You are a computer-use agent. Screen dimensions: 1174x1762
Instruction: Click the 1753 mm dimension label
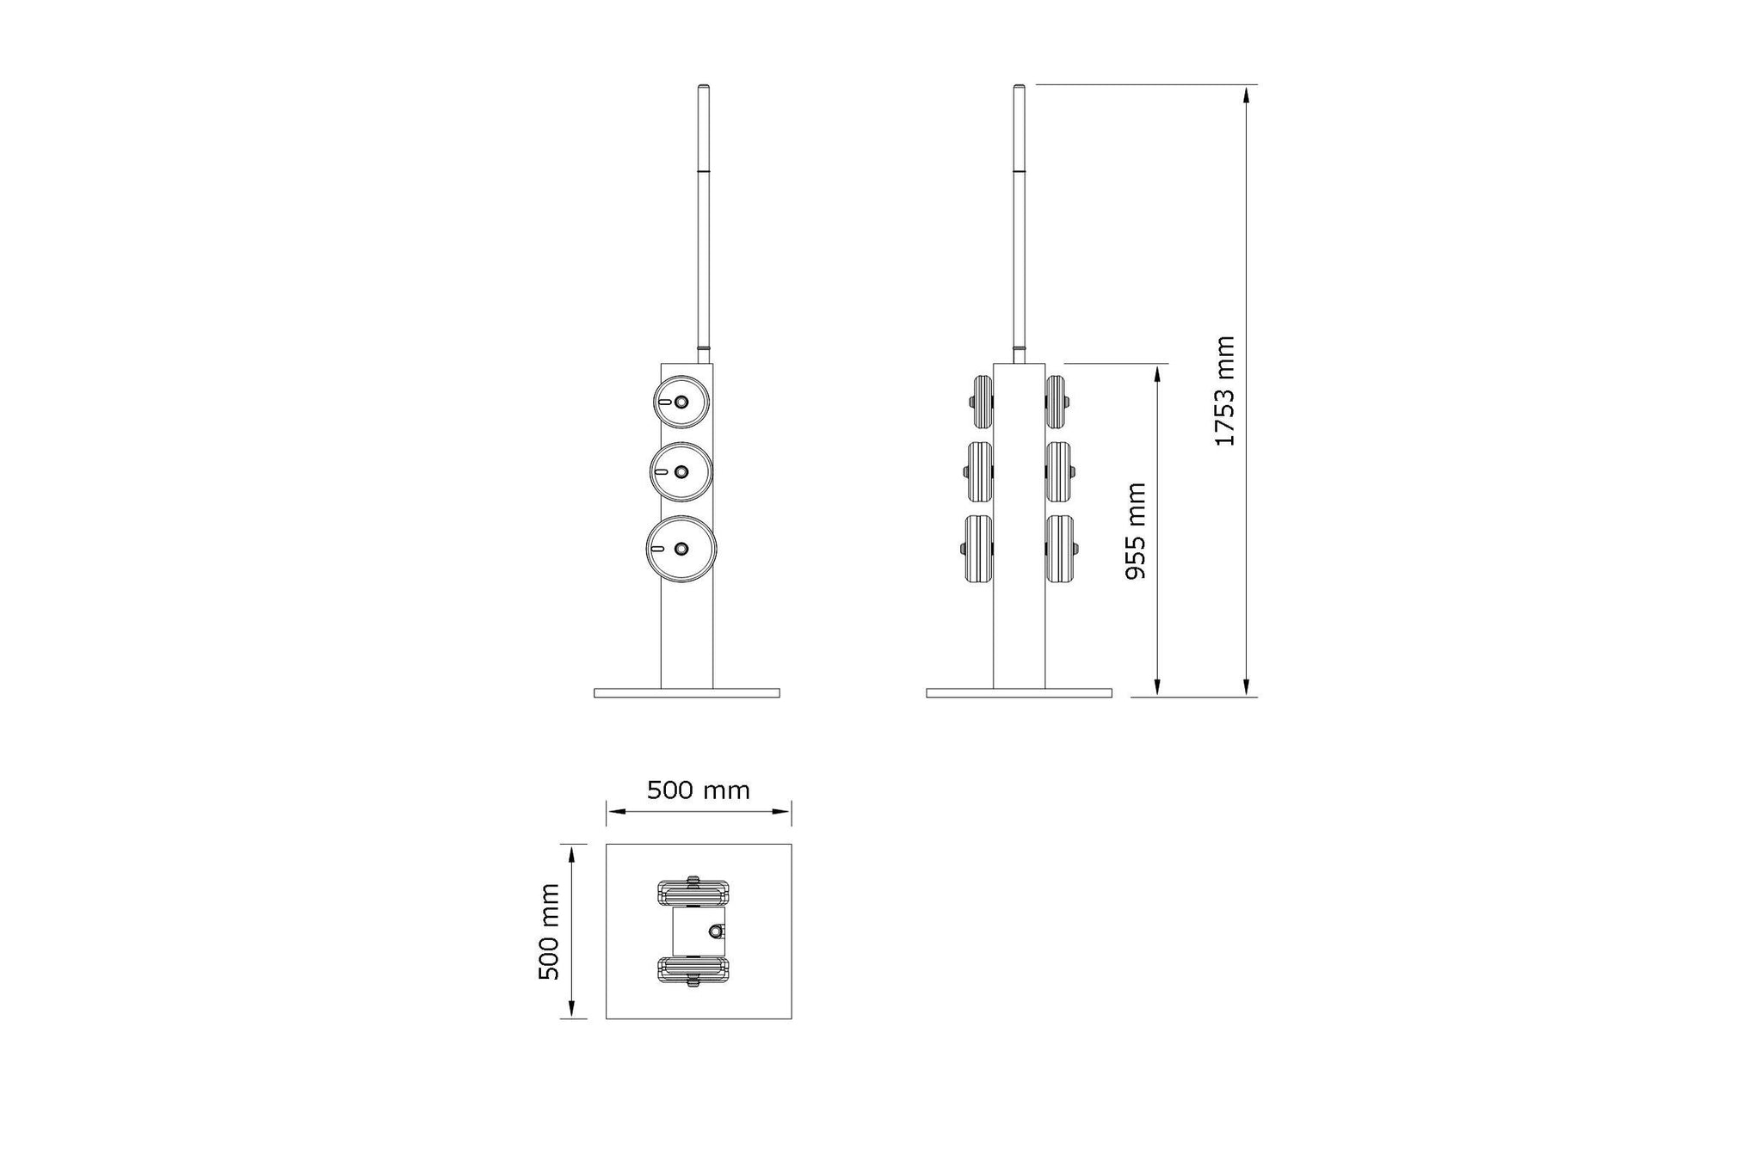(1224, 391)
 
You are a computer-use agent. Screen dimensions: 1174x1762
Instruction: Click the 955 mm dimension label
(1137, 531)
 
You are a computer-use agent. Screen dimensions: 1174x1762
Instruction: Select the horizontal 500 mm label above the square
(698, 790)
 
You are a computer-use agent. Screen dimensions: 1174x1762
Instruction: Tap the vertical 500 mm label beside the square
(549, 931)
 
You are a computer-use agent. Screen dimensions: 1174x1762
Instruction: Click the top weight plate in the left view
(681, 402)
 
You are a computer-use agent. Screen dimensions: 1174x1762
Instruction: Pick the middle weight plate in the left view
(681, 471)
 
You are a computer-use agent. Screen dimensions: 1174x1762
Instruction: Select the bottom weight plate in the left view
(681, 549)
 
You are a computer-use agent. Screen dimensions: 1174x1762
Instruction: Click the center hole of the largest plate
(682, 549)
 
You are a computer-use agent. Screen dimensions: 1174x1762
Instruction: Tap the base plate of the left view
(687, 692)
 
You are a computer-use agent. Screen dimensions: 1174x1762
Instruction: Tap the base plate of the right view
(1019, 692)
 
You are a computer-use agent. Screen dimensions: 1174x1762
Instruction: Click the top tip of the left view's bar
(703, 87)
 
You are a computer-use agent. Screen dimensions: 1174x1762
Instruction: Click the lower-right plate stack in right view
(1059, 548)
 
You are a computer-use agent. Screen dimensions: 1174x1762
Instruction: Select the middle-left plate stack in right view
(979, 471)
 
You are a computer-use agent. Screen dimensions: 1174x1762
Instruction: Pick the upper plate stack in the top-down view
(693, 892)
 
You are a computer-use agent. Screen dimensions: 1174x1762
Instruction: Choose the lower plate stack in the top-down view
(693, 969)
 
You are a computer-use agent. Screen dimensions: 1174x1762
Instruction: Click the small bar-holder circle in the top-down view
(716, 931)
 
